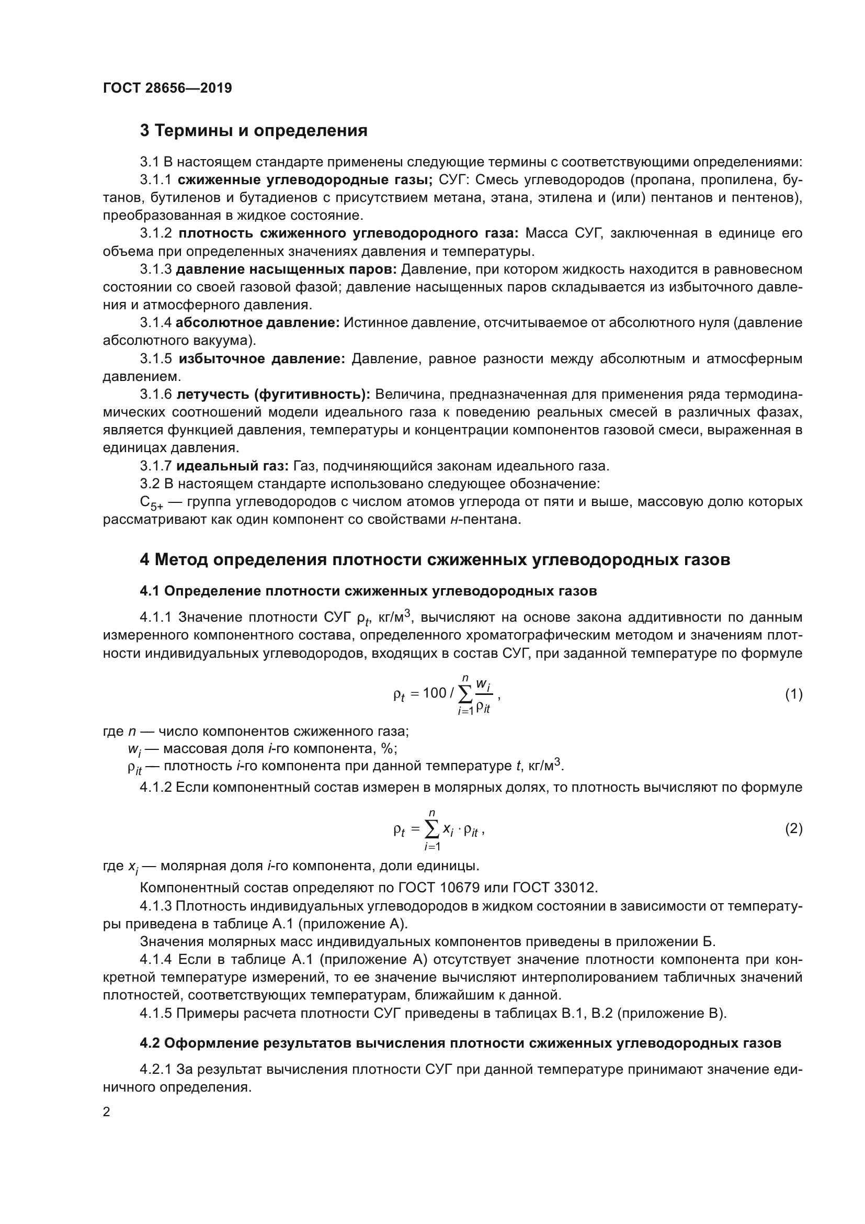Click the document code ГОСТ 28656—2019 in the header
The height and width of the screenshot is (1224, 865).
click(167, 88)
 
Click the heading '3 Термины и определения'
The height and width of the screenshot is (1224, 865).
click(254, 130)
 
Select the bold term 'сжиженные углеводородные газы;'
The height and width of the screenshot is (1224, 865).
click(305, 179)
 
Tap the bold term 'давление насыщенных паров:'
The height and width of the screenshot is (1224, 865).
click(286, 269)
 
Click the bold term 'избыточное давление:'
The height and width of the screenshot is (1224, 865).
click(262, 358)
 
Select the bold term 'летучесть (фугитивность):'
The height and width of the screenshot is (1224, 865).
click(273, 395)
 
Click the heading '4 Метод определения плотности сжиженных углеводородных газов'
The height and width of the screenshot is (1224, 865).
click(435, 560)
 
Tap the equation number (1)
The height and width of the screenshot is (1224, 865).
click(794, 694)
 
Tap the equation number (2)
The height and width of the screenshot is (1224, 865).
click(794, 828)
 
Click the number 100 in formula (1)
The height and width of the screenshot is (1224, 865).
click(434, 693)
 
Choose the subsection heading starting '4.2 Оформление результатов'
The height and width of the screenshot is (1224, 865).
click(460, 1043)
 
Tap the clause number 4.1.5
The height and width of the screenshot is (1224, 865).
click(155, 1013)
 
